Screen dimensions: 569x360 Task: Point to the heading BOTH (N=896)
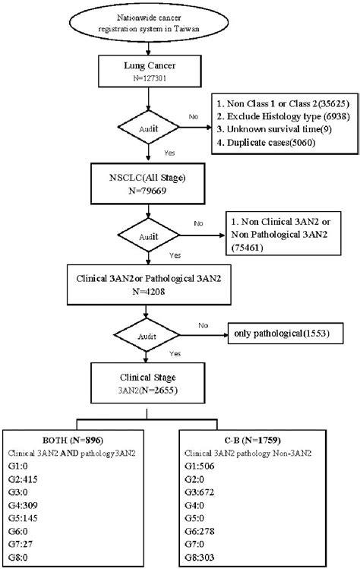tap(73, 440)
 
